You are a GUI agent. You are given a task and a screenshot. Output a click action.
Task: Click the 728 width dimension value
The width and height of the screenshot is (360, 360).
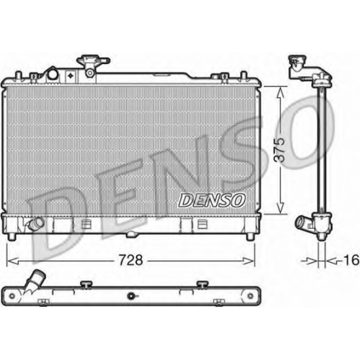tap(131, 260)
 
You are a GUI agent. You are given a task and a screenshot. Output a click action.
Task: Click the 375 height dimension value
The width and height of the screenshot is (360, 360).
tap(280, 150)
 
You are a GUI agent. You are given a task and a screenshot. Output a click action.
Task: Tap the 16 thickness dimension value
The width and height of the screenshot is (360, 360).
tap(351, 260)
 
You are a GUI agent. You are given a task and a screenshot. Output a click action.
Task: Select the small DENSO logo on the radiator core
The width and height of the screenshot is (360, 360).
tap(212, 201)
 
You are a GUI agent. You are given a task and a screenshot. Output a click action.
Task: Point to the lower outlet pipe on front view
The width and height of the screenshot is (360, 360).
tap(35, 223)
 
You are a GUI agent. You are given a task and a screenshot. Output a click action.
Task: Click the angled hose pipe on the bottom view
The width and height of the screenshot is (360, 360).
tap(35, 280)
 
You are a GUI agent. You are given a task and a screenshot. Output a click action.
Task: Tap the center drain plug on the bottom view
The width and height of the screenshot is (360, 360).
tap(131, 296)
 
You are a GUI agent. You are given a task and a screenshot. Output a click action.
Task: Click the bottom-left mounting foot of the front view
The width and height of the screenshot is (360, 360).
tap(12, 237)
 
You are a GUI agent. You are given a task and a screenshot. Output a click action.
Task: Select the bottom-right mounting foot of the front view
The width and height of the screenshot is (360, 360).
tap(250, 237)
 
